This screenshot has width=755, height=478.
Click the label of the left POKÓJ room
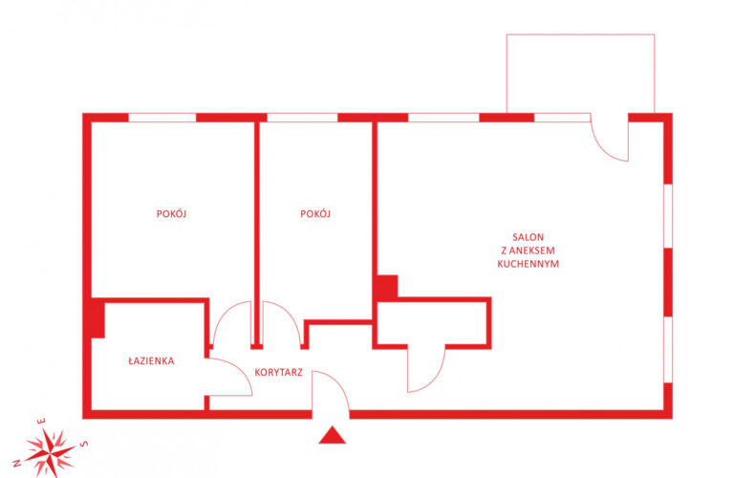pos(171,213)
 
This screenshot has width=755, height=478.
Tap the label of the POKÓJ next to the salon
pos(315,213)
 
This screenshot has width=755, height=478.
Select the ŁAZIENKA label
pos(151,361)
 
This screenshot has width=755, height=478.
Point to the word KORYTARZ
pos(279,372)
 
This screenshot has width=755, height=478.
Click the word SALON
pos(528,237)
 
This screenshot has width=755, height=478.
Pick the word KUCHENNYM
pos(528,264)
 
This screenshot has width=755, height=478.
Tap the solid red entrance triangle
pos(333,435)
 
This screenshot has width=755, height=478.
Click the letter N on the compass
pos(17,464)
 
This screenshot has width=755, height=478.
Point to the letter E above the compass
pos(42,422)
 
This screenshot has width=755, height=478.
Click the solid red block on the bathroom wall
pos(97,318)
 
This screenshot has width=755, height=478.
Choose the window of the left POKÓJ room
pos(162,118)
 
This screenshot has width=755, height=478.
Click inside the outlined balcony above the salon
pos(580,74)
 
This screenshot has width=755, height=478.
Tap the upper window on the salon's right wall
pos(668,216)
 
